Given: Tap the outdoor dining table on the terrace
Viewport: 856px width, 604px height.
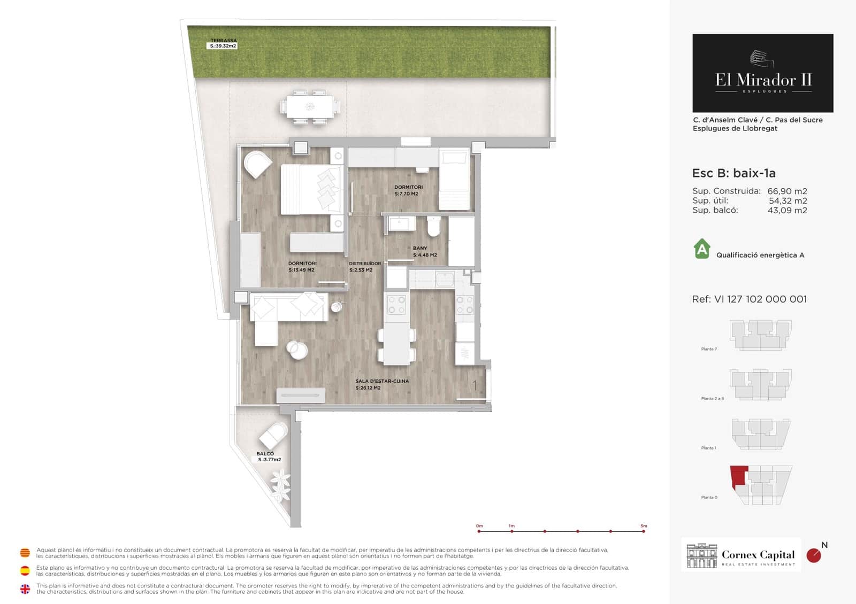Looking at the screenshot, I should [x=310, y=106].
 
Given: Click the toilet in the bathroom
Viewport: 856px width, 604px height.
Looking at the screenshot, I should [x=434, y=227].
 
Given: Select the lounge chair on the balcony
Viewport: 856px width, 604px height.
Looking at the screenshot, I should [x=273, y=435].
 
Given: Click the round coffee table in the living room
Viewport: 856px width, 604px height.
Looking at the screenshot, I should [x=297, y=350].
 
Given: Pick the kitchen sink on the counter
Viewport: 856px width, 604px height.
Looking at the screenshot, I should [x=445, y=279].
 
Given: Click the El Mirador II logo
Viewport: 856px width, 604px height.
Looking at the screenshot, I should [x=762, y=73].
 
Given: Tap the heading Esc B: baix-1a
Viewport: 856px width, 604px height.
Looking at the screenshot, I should [x=733, y=173].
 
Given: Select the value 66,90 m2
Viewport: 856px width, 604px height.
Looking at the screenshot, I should [x=787, y=191].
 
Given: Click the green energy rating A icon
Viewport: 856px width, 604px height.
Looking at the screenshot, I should [x=702, y=249].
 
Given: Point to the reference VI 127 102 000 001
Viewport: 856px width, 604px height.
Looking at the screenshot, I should [x=749, y=299].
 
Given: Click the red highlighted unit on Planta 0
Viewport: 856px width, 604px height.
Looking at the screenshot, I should [x=739, y=475].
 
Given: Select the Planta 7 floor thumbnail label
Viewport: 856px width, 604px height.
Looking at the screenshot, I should [x=708, y=349].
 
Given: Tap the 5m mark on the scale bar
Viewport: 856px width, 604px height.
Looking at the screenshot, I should [x=644, y=531].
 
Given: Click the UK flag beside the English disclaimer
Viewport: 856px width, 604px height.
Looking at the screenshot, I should [x=25, y=589].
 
